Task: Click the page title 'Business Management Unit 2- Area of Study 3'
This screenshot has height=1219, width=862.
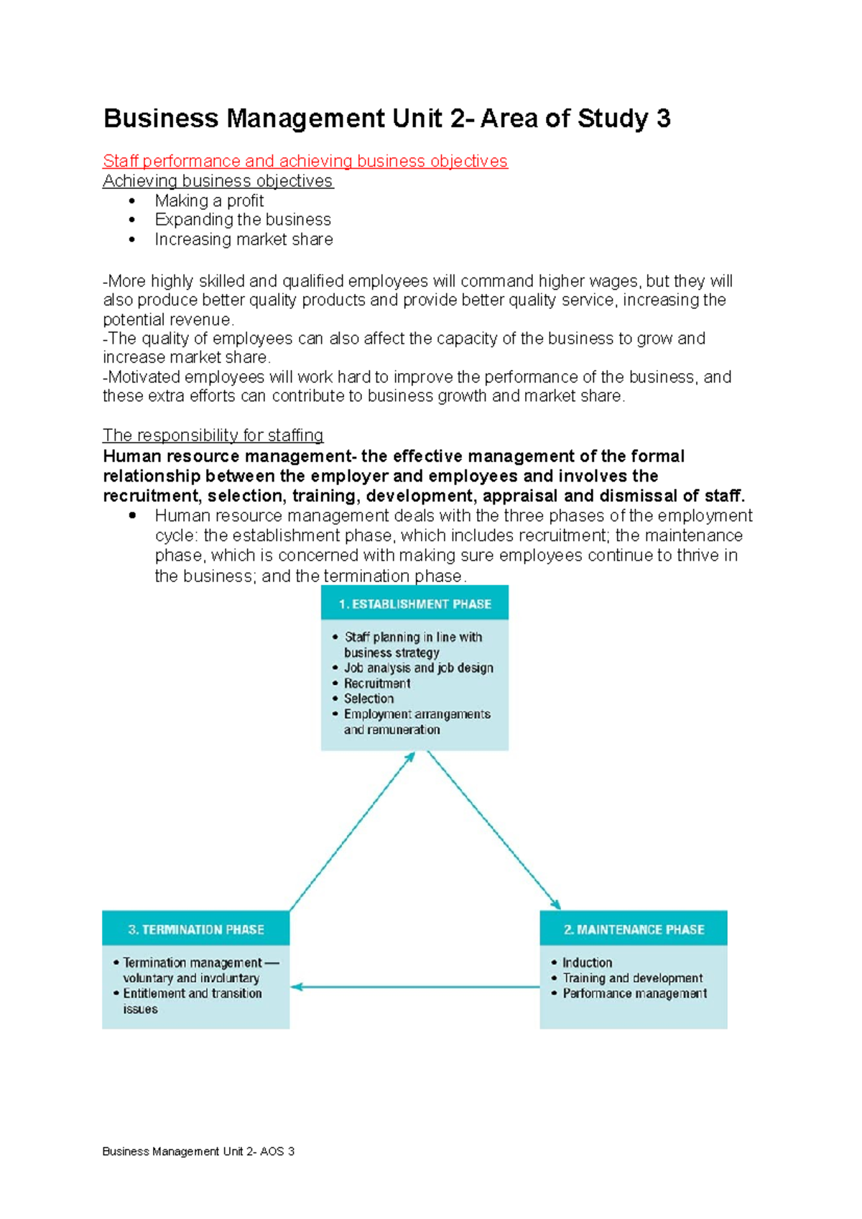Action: coord(386,119)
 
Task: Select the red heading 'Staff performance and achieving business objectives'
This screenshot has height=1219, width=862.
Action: coord(305,161)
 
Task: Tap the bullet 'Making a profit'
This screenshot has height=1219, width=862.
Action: coord(209,201)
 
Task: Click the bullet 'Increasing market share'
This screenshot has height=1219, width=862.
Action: coord(244,239)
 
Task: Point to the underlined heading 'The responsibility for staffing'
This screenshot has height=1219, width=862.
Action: coord(213,436)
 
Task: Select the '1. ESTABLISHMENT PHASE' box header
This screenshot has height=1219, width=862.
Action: coord(414,604)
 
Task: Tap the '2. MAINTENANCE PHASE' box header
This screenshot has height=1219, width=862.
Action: coord(633,929)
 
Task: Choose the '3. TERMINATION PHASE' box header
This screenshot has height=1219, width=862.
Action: coord(195,929)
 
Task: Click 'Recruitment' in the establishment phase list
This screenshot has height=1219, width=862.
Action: coord(377,684)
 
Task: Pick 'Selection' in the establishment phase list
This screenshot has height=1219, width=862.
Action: coord(369,699)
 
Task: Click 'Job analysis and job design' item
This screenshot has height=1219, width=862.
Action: coord(418,668)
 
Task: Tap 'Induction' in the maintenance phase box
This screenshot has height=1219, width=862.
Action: coord(587,962)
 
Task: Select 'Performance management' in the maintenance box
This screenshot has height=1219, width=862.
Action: coord(634,993)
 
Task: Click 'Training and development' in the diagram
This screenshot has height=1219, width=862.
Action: coord(632,978)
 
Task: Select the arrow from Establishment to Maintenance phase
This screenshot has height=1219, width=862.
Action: coord(493,830)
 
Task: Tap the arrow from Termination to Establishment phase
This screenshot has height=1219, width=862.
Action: coord(352,832)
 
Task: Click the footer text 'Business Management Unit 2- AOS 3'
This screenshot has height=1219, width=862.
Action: coord(198,1151)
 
